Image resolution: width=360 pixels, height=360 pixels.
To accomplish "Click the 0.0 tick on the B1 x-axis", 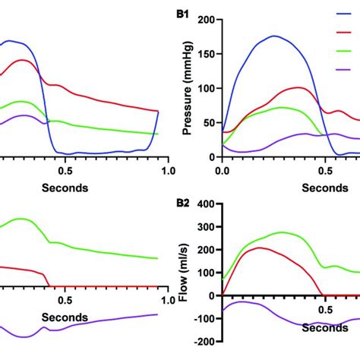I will coord(223,172).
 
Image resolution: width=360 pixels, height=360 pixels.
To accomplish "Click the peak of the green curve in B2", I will coord(282,232).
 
